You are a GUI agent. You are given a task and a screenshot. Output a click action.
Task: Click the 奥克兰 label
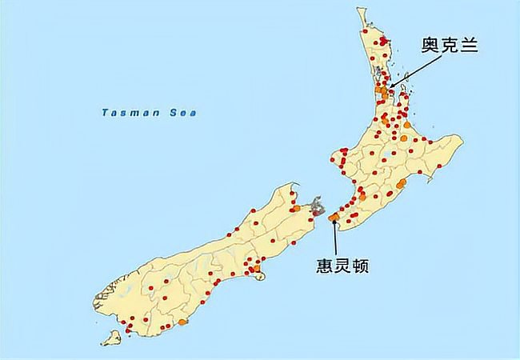449,46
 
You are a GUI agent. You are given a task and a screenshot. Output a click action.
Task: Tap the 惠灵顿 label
342,264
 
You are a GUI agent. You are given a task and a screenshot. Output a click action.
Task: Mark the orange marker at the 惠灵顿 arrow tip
334,217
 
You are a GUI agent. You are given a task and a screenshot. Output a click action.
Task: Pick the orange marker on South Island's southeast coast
183,322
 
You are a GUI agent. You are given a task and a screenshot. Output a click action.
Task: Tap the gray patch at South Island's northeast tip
318,206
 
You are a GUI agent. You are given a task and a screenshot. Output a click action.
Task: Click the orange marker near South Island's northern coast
296,208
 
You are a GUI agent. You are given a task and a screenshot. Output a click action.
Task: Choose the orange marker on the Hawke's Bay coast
402,184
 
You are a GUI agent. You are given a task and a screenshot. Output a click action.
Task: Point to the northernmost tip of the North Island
360,10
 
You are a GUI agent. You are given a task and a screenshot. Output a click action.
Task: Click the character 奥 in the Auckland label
430,46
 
